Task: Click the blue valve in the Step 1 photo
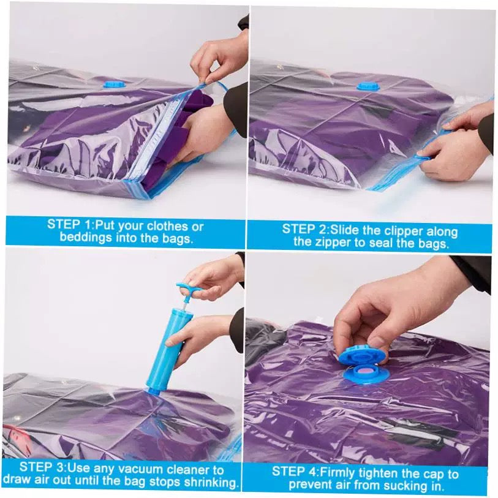115,85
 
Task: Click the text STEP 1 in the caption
69,224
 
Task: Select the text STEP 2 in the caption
303,228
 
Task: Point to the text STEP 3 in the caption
41,467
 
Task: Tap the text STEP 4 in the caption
293,471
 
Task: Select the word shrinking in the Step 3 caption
211,483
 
